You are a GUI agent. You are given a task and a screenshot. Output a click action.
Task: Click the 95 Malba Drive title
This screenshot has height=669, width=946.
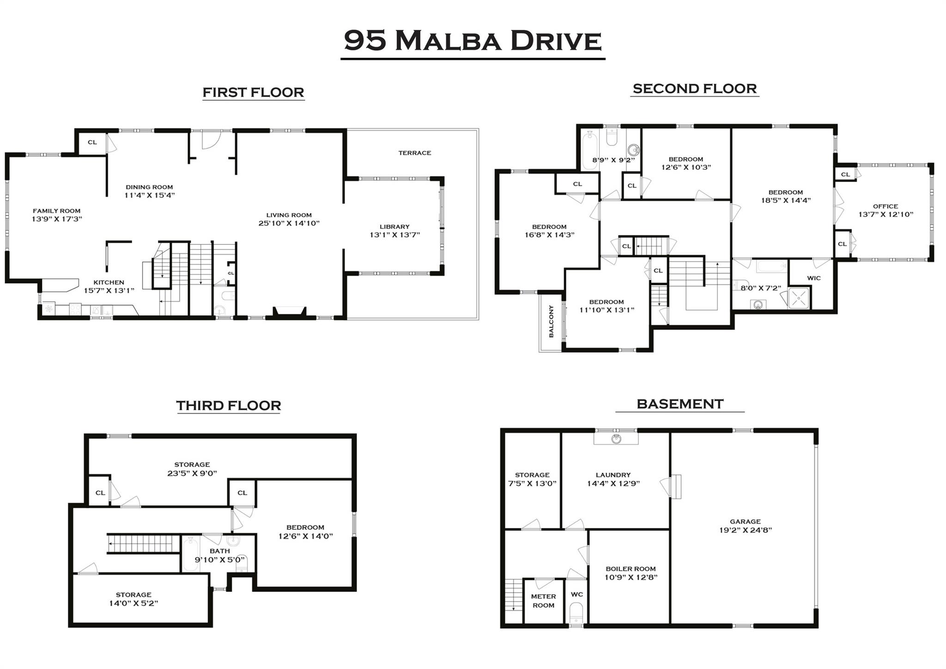(473, 41)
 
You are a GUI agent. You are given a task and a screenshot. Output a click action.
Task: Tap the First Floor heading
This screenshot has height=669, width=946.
(253, 92)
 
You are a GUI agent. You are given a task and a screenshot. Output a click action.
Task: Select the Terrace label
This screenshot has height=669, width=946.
(415, 153)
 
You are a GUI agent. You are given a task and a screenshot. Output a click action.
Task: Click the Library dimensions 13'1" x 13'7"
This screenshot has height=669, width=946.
(394, 235)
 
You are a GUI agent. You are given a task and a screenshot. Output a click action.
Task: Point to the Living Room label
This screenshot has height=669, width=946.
(289, 215)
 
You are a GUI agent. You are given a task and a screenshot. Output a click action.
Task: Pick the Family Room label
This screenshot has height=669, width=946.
(56, 211)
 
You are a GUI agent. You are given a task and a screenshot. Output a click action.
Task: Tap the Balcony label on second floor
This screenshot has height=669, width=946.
(551, 321)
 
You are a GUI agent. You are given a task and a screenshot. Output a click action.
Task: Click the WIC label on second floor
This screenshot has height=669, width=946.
(813, 278)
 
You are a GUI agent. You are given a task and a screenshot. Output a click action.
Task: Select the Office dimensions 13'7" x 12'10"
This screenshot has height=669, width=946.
(885, 214)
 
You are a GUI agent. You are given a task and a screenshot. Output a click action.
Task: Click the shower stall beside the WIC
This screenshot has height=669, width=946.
(799, 298)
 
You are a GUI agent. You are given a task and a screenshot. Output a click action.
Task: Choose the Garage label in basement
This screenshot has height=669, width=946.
(746, 521)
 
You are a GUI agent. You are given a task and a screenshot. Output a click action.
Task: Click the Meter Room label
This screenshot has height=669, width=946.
(543, 601)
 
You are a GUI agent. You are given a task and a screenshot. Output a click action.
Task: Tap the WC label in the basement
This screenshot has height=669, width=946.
(576, 595)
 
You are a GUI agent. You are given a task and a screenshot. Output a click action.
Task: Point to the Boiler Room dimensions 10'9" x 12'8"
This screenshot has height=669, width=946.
(631, 577)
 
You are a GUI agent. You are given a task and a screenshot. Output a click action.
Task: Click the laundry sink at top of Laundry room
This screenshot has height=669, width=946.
(616, 438)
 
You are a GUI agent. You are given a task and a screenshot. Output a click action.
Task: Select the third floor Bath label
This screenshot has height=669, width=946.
(219, 551)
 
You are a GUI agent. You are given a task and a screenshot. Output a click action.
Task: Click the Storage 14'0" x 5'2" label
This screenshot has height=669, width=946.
(133, 599)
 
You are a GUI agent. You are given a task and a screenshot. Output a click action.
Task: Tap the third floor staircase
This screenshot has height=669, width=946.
(144, 543)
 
